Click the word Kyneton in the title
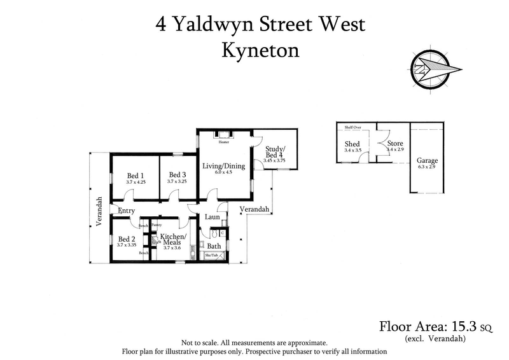(x=260, y=51)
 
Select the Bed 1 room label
(x=136, y=176)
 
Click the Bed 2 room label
(x=126, y=239)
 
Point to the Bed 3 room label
(x=177, y=176)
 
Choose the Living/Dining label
(x=222, y=166)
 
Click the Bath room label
(x=214, y=246)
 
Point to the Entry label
(x=127, y=211)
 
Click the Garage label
(x=427, y=161)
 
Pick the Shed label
(x=352, y=144)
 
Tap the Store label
(x=395, y=144)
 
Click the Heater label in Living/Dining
(x=223, y=142)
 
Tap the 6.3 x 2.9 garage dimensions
(x=427, y=167)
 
